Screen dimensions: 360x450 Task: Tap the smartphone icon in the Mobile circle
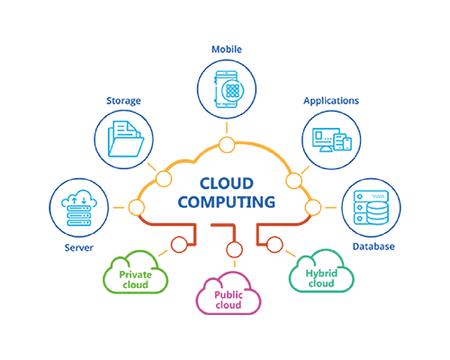(228, 91)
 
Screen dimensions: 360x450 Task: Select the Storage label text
(123, 100)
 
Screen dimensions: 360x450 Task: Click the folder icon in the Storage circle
(124, 139)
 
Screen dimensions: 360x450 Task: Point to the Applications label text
(330, 100)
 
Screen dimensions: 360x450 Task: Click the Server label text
(79, 246)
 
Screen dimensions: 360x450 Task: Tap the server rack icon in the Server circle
(80, 206)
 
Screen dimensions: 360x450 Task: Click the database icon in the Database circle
(371, 206)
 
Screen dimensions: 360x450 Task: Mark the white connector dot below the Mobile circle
(227, 144)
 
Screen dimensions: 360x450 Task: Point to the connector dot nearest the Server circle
(136, 208)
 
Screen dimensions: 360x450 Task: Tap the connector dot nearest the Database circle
(313, 208)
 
